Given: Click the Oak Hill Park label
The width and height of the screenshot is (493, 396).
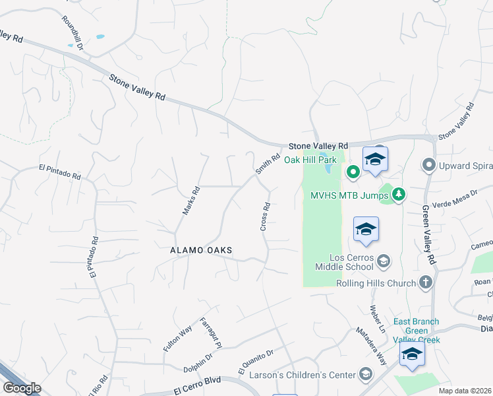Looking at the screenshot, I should click(x=310, y=160).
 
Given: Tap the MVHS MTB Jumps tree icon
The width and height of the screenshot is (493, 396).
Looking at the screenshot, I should click(x=398, y=195).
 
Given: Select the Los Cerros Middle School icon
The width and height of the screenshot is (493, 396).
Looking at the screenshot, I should click(x=382, y=262).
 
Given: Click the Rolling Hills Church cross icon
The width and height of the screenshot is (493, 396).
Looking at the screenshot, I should click(x=426, y=283).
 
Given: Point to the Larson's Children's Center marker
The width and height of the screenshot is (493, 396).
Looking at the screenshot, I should click(x=364, y=375).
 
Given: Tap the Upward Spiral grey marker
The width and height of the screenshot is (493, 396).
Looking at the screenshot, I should click(x=430, y=164).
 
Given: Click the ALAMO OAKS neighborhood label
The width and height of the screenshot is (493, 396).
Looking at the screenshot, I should click(x=201, y=250).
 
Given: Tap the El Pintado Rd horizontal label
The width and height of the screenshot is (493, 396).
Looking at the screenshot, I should click(x=59, y=172).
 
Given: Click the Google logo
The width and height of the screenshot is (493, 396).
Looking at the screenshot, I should click(x=22, y=388).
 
